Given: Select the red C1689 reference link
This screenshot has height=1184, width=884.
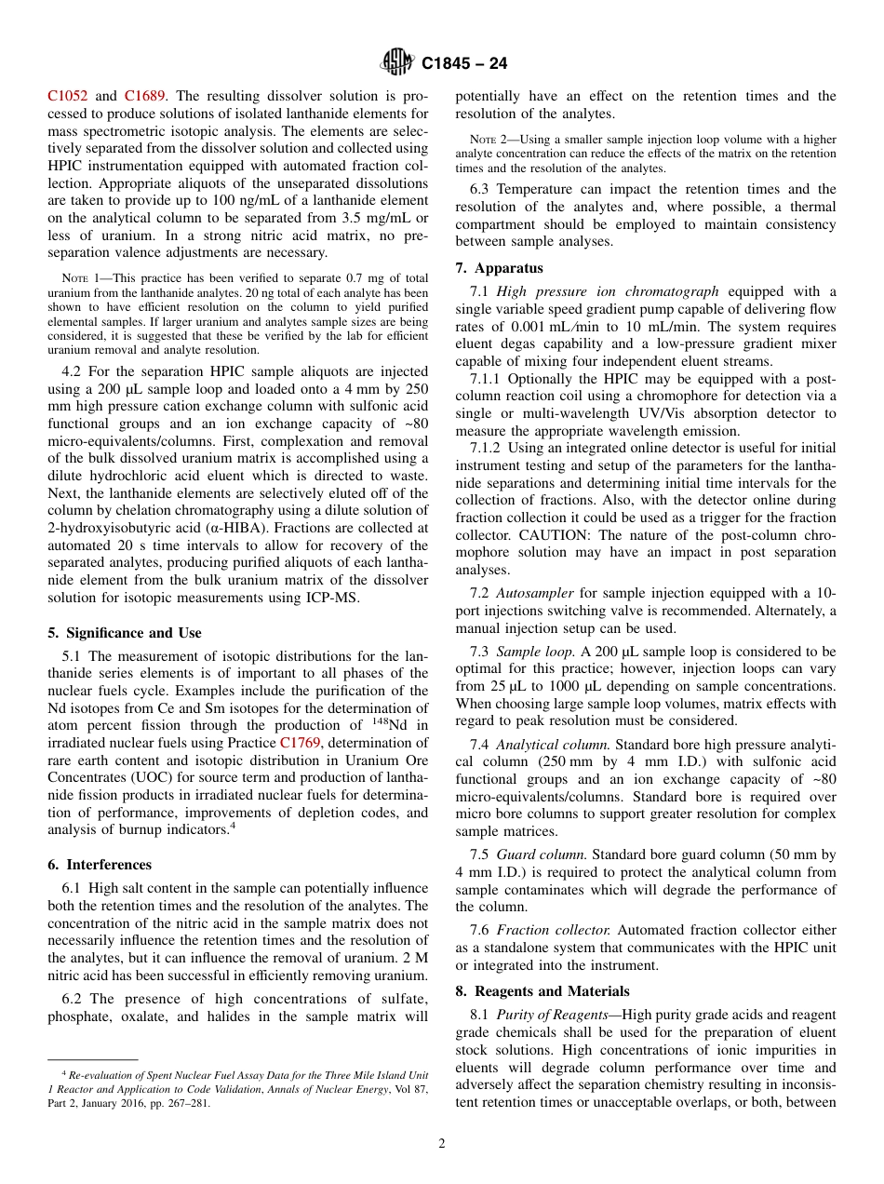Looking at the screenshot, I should coord(145,96).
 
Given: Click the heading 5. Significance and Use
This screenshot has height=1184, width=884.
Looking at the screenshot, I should coord(124,633).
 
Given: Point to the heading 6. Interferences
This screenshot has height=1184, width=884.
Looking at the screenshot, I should coord(100,865).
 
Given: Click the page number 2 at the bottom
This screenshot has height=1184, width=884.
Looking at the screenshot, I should coord(442,1144).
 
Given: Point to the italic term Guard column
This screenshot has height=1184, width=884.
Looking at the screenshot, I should coord(541,854).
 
